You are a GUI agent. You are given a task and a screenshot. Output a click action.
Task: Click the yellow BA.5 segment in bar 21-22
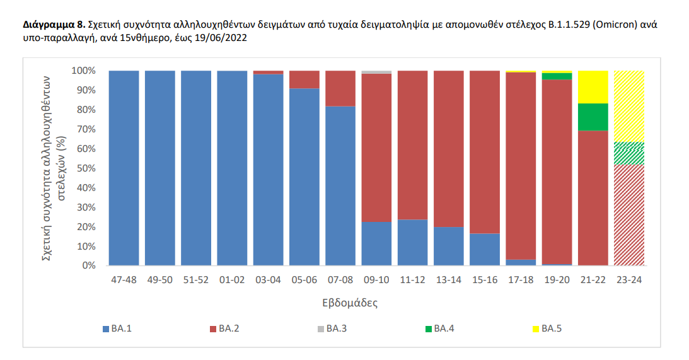(593, 86)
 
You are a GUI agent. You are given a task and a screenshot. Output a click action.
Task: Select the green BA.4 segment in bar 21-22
(593, 117)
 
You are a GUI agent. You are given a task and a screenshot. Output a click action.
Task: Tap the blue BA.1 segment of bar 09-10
(376, 243)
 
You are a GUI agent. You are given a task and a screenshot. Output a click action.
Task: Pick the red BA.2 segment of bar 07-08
(340, 88)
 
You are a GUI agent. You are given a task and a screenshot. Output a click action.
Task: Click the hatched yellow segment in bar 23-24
(629, 106)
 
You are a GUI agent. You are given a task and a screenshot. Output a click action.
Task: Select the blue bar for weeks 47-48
(124, 168)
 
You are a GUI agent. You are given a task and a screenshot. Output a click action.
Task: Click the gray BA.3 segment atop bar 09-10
(376, 72)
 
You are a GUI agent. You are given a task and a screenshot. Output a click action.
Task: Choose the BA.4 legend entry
(441, 328)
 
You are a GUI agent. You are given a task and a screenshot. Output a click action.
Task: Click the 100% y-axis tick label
(83, 71)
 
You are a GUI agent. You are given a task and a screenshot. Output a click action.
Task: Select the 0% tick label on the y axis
(88, 265)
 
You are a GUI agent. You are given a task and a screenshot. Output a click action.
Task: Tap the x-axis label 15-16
(485, 281)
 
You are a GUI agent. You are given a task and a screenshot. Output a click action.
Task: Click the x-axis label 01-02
(232, 281)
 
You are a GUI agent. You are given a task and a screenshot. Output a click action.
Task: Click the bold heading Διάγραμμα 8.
(54, 26)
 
